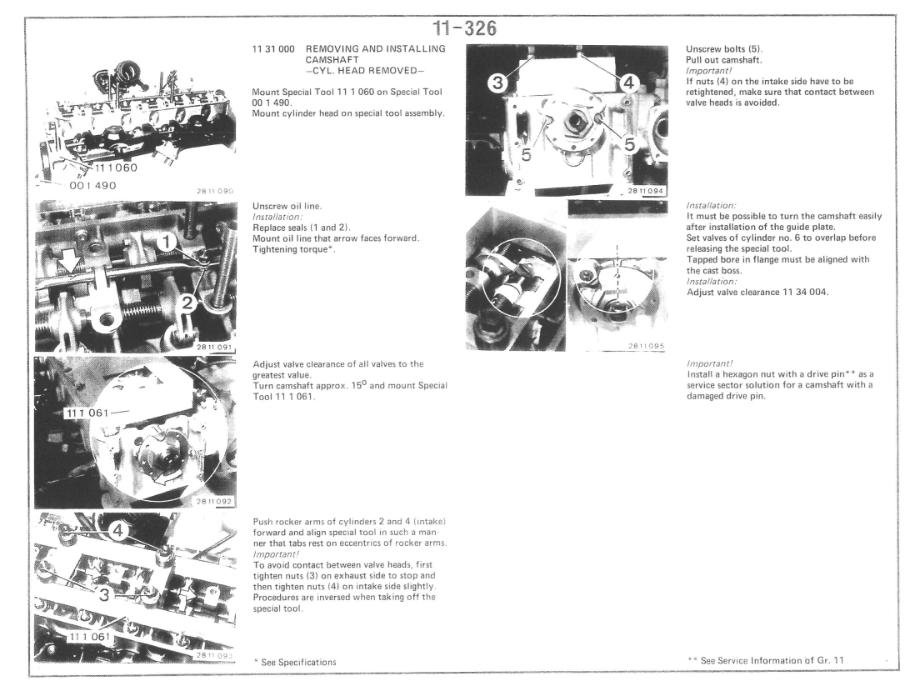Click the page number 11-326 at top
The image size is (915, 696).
(x=464, y=28)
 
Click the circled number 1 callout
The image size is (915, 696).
(x=167, y=242)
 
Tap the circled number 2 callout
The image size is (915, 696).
(x=187, y=303)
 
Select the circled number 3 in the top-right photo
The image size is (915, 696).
(x=497, y=83)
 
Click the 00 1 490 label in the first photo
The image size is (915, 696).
(x=92, y=186)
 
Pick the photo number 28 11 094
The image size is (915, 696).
(x=646, y=191)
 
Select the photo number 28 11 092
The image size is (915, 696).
(x=214, y=502)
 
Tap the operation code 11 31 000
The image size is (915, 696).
(x=273, y=49)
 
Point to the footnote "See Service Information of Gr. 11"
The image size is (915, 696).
(x=766, y=660)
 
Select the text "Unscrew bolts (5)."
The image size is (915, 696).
(x=724, y=49)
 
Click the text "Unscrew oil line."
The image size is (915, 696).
(x=287, y=206)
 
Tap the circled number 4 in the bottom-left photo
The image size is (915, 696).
(x=117, y=531)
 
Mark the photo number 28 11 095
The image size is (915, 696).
(x=646, y=346)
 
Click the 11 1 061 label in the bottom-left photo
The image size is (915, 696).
(x=89, y=637)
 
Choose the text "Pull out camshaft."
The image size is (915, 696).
(x=724, y=60)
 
